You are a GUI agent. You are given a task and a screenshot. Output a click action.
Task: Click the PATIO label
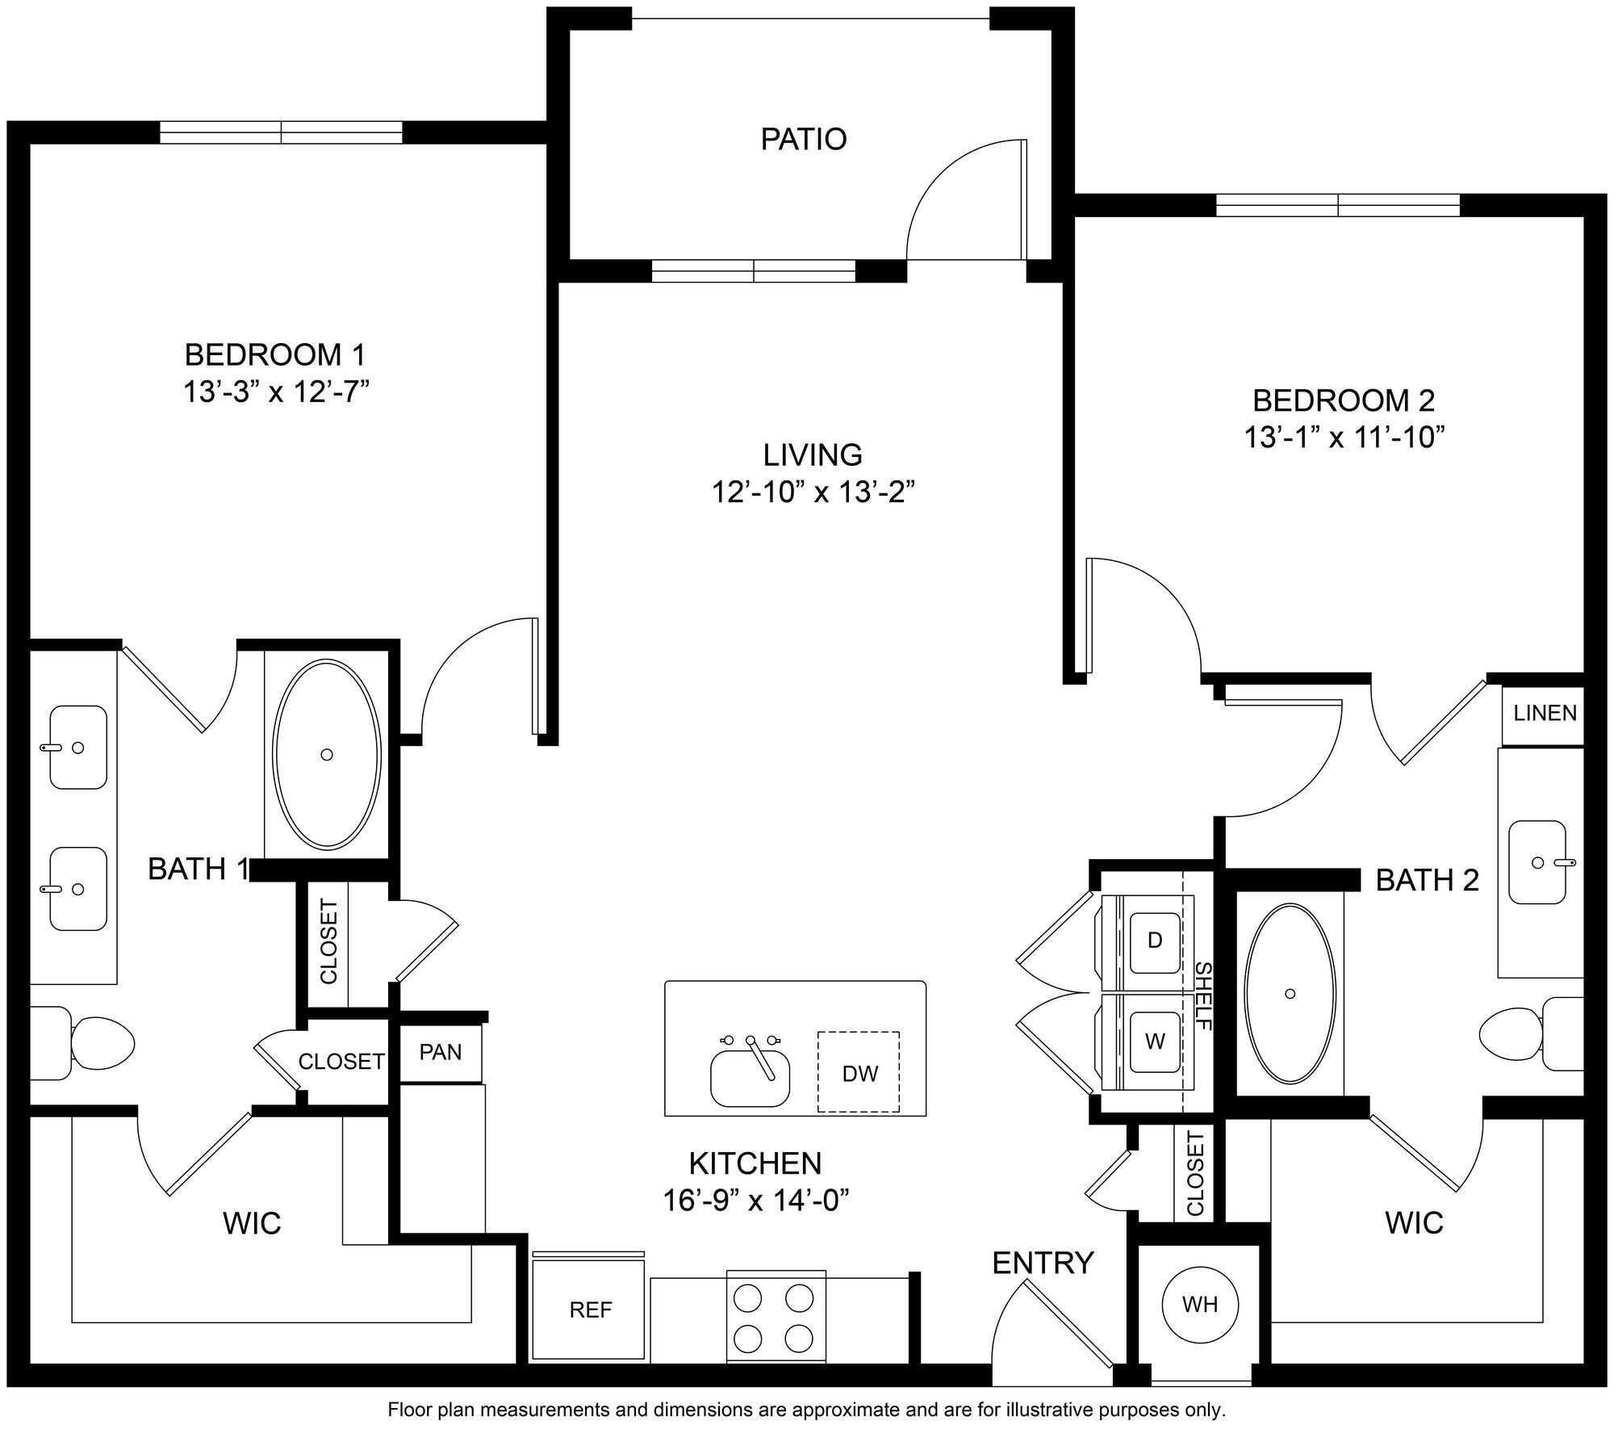(803, 139)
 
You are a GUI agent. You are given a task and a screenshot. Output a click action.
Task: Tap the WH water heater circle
(1199, 1304)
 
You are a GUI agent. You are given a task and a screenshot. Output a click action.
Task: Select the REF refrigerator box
(590, 1310)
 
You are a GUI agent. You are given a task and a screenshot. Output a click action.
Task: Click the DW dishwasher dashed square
(859, 1073)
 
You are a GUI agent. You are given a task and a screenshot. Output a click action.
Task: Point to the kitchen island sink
(751, 1076)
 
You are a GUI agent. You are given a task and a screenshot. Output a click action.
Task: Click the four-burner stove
(776, 1318)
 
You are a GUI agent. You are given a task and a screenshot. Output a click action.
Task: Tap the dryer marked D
(1155, 941)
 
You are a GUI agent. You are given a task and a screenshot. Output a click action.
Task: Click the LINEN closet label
(1545, 713)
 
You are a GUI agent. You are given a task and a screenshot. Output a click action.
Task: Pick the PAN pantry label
(441, 1052)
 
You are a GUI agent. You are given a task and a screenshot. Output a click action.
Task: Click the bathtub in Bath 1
(327, 754)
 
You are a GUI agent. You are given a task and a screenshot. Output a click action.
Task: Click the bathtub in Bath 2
(1290, 993)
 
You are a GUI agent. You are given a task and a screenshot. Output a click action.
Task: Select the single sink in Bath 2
(1537, 862)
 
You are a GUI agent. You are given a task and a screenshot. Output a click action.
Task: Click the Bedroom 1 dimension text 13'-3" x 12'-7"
(276, 392)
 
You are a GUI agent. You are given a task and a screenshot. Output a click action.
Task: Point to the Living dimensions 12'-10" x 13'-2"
(813, 492)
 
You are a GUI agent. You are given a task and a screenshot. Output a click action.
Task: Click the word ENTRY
(1042, 1263)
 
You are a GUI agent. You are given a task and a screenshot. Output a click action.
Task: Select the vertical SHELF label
(1203, 995)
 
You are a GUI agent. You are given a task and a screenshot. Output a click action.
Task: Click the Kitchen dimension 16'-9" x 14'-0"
(756, 1201)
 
